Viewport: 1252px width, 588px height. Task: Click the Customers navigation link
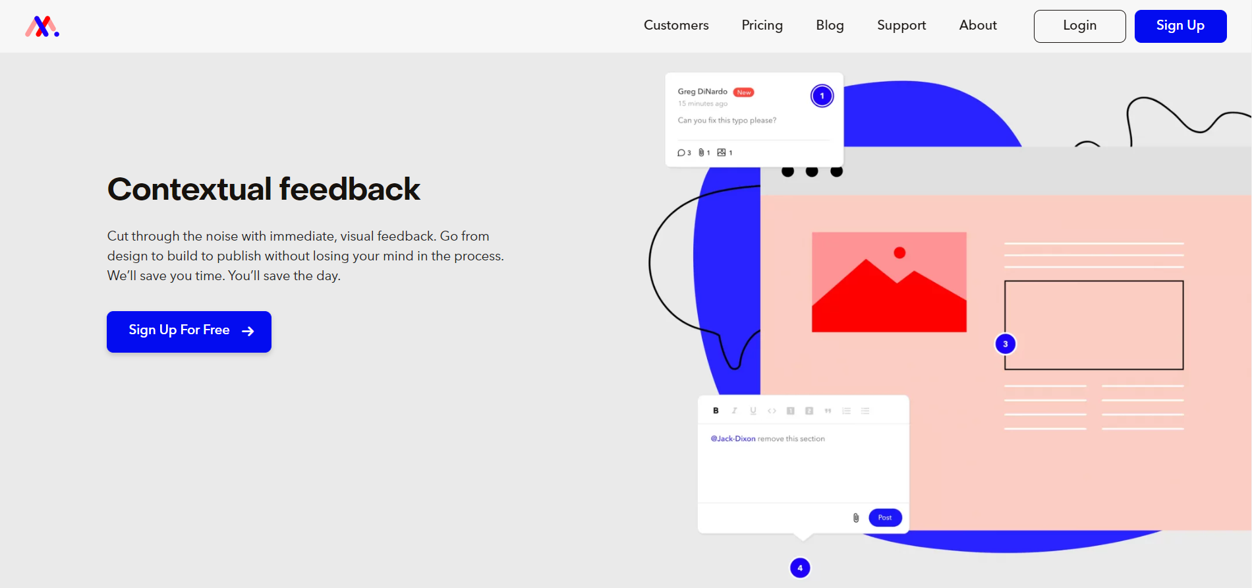pos(676,25)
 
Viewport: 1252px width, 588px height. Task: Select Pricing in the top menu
pos(762,25)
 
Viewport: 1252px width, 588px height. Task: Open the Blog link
pos(830,25)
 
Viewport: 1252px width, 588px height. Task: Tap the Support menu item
pos(901,25)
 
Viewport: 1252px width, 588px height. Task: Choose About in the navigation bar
pos(978,25)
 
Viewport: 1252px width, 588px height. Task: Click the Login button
pos(1079,26)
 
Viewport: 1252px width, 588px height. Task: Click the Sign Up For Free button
pos(189,331)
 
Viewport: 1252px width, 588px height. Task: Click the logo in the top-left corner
pos(42,26)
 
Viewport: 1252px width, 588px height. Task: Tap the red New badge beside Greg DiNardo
pos(744,92)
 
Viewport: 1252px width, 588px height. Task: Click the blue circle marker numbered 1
pos(822,96)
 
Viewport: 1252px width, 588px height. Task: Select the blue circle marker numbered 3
pos(1005,344)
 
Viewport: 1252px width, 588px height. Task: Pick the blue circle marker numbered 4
pos(800,568)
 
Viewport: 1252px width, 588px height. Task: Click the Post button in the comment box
pos(885,517)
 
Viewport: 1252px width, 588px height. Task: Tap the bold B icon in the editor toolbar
pos(716,411)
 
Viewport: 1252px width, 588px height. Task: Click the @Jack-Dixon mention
pos(733,438)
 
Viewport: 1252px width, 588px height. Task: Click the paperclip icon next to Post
pos(856,517)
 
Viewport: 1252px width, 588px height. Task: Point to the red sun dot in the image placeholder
pos(899,252)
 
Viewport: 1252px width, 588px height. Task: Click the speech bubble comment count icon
pos(681,153)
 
